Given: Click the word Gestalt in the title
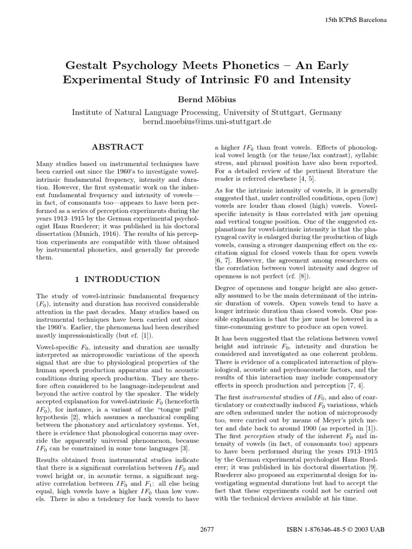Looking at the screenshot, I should (x=87, y=66).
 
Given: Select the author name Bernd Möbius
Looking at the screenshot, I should (x=207, y=100).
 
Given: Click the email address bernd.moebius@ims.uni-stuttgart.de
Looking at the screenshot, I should (x=207, y=122).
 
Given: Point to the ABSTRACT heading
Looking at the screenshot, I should (x=117, y=146).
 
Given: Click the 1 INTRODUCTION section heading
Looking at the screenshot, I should (x=116, y=279).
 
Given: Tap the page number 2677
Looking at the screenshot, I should (x=207, y=530).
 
